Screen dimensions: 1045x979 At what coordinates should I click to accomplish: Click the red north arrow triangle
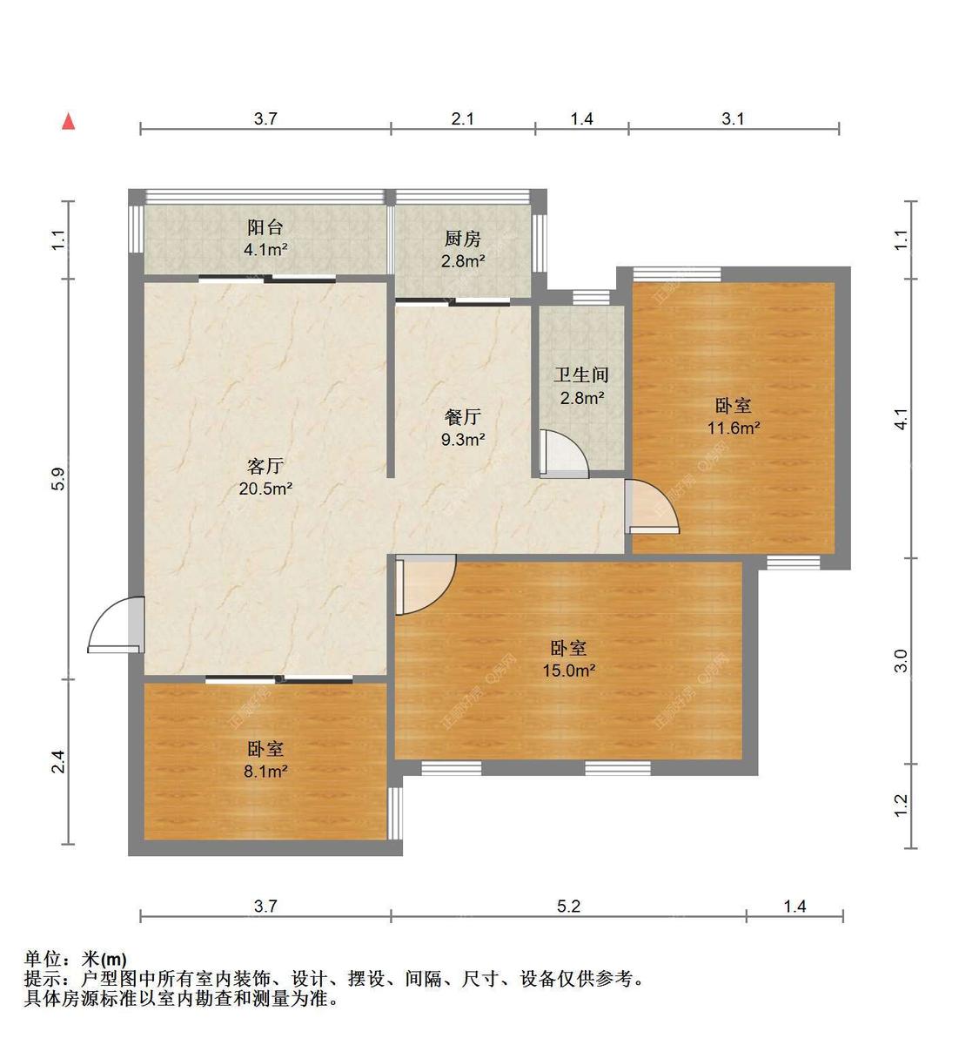(x=68, y=122)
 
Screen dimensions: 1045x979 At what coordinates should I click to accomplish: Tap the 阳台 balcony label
(x=265, y=227)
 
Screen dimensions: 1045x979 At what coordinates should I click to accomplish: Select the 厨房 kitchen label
(x=462, y=239)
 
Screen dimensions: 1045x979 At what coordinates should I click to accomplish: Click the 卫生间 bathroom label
(x=581, y=375)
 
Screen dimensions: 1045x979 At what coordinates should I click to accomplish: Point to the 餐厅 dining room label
(x=462, y=417)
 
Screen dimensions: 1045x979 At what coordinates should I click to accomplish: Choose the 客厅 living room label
(x=265, y=465)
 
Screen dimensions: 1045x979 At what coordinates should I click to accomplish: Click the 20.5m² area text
(x=265, y=489)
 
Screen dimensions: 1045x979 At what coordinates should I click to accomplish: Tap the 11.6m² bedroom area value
(x=734, y=428)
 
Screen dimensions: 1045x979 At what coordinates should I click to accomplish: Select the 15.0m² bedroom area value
(x=568, y=671)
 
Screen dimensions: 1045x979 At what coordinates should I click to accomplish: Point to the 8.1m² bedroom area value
(x=265, y=771)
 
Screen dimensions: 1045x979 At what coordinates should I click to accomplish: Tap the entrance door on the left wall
(x=117, y=624)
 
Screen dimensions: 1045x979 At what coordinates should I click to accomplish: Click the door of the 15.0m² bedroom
(x=424, y=585)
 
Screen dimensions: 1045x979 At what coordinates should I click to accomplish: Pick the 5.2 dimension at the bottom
(x=568, y=906)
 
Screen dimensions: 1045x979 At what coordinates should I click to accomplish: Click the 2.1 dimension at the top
(x=463, y=118)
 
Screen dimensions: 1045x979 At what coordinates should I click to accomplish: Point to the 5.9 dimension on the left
(x=57, y=478)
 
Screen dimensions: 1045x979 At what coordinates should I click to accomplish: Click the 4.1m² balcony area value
(x=265, y=250)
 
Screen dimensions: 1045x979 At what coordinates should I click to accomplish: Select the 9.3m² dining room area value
(x=462, y=440)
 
